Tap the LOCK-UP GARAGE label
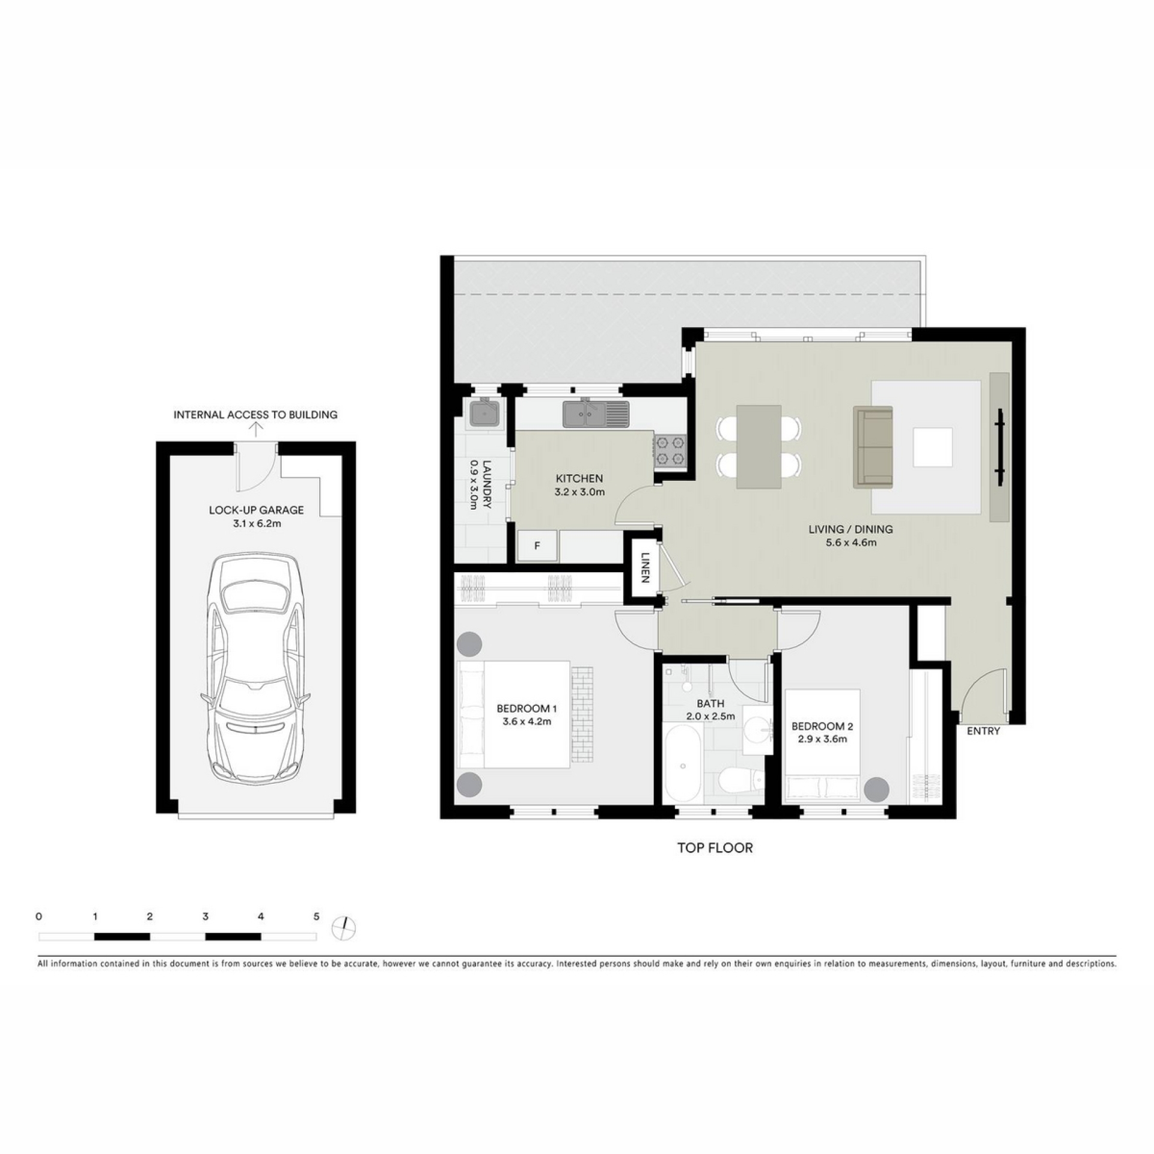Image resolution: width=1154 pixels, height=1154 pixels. click(x=257, y=510)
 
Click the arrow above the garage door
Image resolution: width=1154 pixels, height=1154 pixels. click(x=256, y=429)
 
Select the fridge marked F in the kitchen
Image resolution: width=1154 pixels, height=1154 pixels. click(x=538, y=546)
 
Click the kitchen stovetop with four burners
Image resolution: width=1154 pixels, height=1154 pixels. click(x=670, y=451)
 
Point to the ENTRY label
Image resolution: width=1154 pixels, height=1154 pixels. click(x=983, y=731)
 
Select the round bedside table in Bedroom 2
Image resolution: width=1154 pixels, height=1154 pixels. click(x=877, y=790)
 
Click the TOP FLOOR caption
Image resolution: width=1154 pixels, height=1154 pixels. click(x=715, y=848)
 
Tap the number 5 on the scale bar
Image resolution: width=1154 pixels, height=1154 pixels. click(x=316, y=917)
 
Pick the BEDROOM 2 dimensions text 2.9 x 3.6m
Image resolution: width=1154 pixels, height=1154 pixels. click(x=822, y=739)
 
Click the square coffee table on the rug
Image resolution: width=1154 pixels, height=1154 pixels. click(x=933, y=447)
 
